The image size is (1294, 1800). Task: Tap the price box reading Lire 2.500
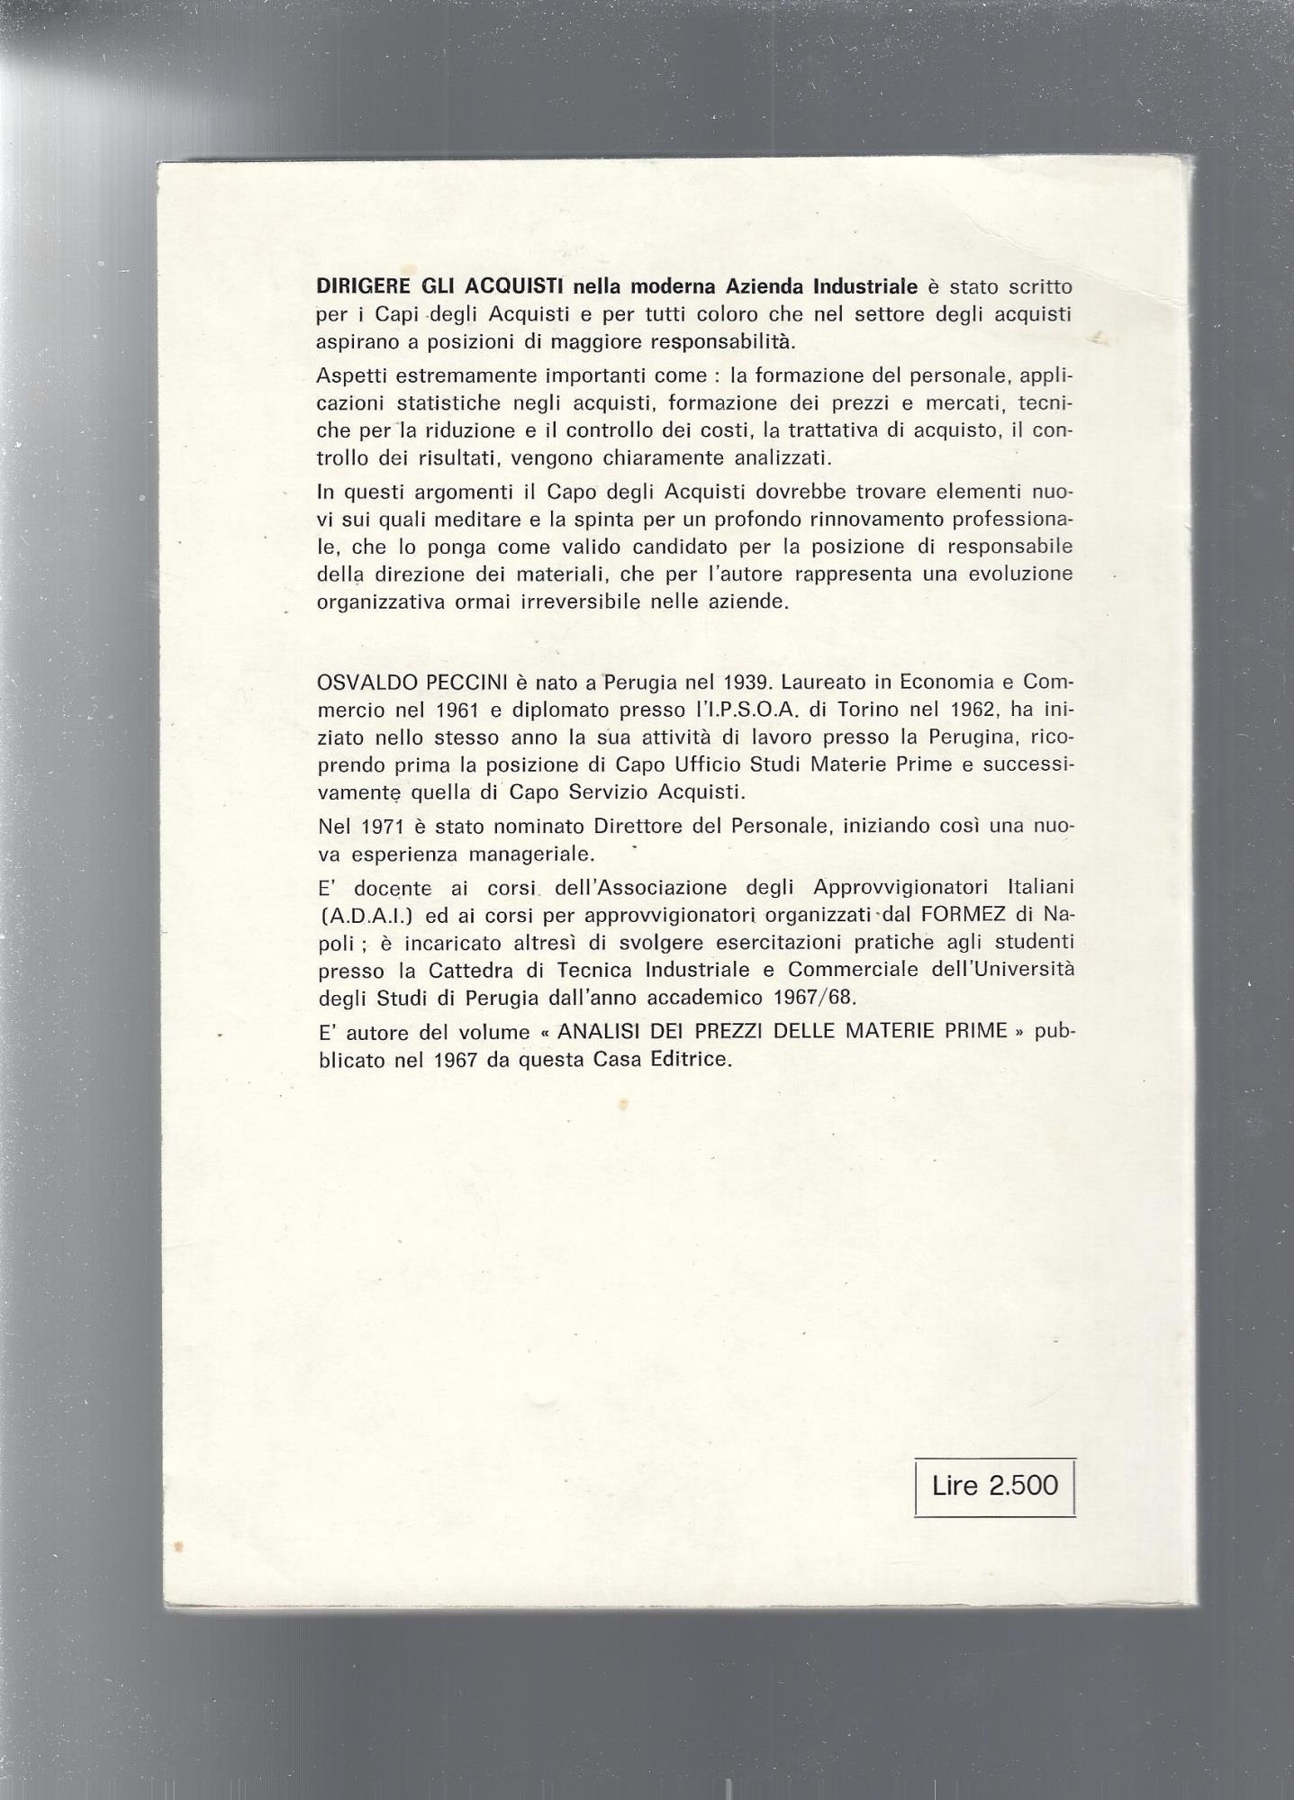[994, 1486]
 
